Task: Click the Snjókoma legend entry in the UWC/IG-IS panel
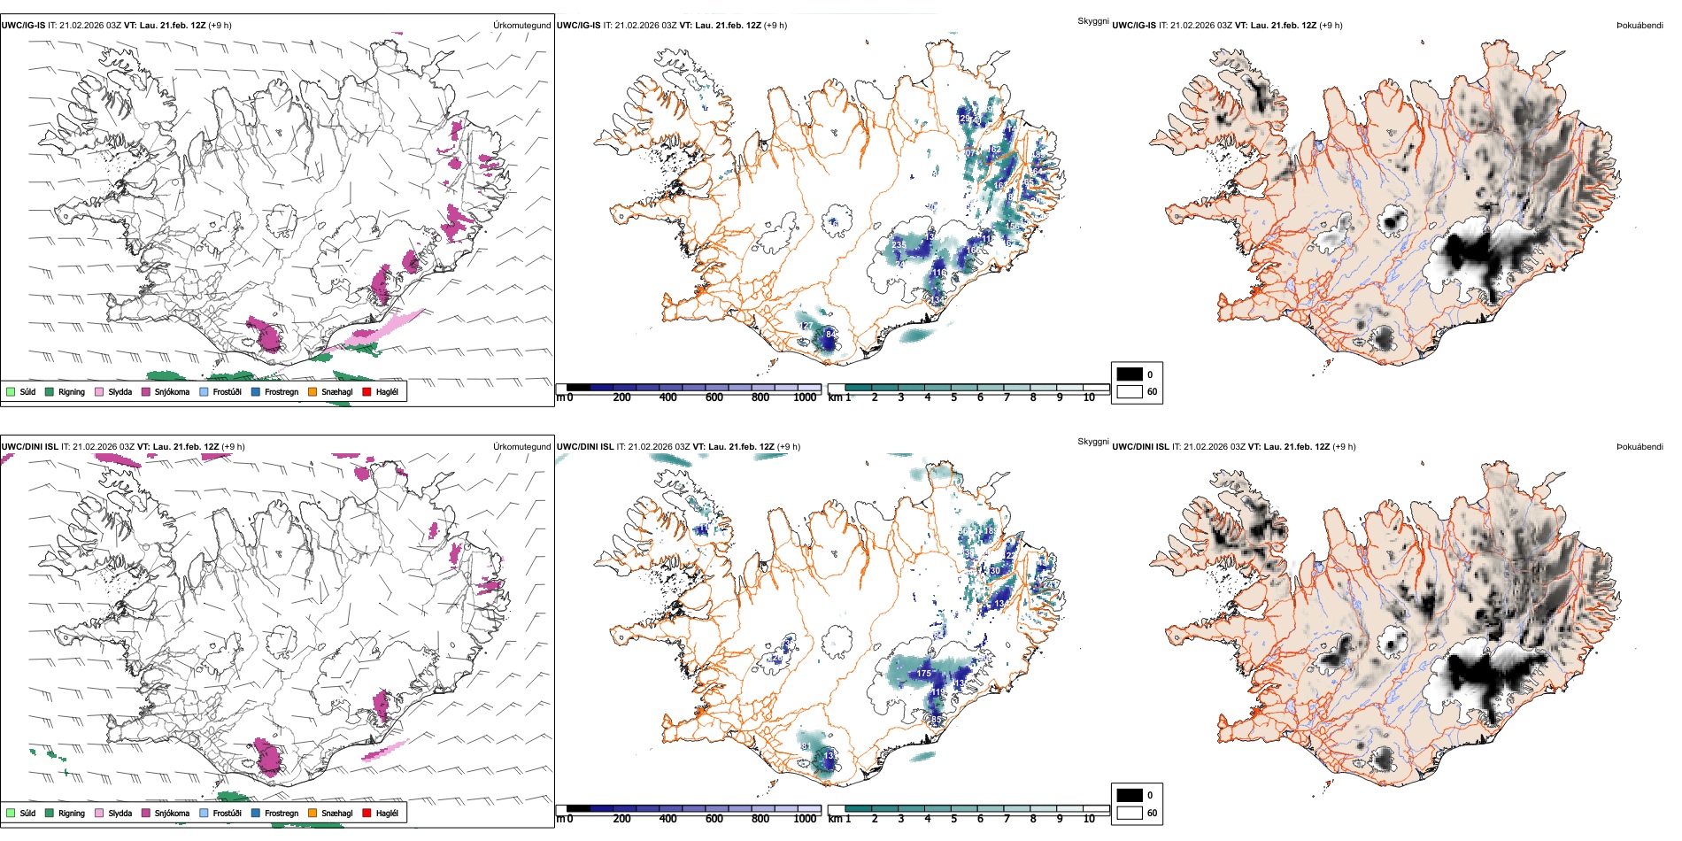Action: pos(171,392)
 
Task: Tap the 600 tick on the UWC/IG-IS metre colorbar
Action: pos(714,397)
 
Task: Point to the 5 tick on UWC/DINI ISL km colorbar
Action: pos(953,819)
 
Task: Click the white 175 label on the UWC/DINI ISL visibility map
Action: pos(923,674)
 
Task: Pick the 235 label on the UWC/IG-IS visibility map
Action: pos(899,244)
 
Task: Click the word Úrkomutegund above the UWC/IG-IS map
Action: pos(521,26)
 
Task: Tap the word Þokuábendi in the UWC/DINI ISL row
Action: pos(1640,447)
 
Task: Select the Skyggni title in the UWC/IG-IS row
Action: pos(1092,21)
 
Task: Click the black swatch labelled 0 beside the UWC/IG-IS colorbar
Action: pos(1130,374)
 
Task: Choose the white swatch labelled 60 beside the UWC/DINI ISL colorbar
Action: pos(1130,813)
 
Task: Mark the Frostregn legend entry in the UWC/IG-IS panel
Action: pos(281,392)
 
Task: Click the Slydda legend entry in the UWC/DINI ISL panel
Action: pos(120,814)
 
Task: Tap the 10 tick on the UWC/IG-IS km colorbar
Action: pos(1089,397)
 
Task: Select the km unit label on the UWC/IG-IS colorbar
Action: pos(835,397)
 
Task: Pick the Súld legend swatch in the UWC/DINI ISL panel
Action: pos(11,813)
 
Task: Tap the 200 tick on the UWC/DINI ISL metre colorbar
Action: pos(621,819)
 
